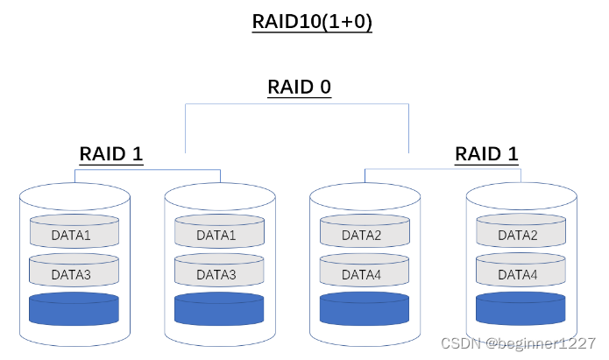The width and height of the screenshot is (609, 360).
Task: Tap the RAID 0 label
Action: click(299, 88)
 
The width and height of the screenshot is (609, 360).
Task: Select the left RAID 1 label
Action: click(111, 154)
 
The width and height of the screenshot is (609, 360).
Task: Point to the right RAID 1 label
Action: click(486, 154)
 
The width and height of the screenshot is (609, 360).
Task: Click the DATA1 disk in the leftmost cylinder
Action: click(74, 235)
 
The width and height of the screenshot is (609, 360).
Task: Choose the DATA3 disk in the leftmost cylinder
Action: click(74, 274)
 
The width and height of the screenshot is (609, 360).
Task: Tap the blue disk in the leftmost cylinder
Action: click(74, 309)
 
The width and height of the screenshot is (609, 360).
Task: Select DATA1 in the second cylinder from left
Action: click(219, 235)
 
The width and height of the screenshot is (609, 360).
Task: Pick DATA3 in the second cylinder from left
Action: click(219, 274)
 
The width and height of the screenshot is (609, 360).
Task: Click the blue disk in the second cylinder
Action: click(219, 309)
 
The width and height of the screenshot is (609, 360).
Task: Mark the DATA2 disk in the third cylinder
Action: click(364, 235)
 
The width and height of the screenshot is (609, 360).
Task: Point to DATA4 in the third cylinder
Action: click(364, 274)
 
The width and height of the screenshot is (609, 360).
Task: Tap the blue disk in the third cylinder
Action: click(364, 309)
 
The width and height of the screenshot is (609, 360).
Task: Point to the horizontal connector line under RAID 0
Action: click(298, 105)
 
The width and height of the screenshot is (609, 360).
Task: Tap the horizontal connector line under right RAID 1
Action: click(443, 170)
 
